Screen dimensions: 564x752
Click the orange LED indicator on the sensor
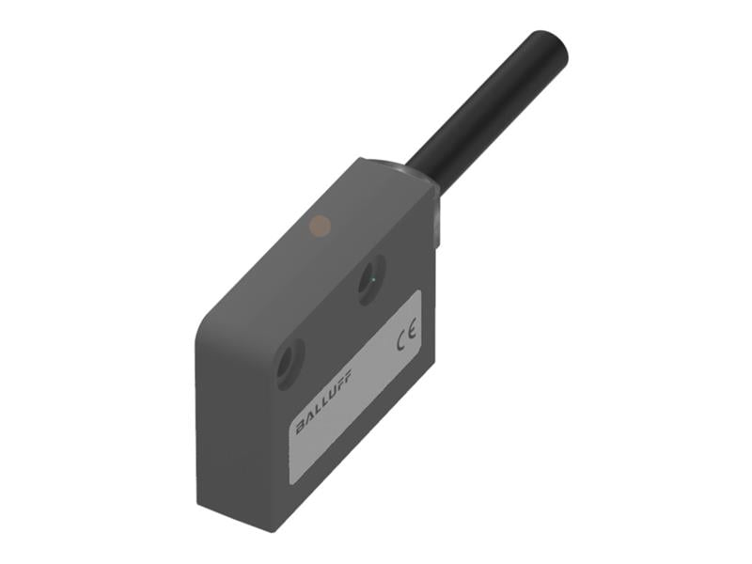coord(321,225)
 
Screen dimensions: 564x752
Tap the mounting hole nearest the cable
coord(370,282)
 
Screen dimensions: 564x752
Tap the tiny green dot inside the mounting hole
coord(373,280)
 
